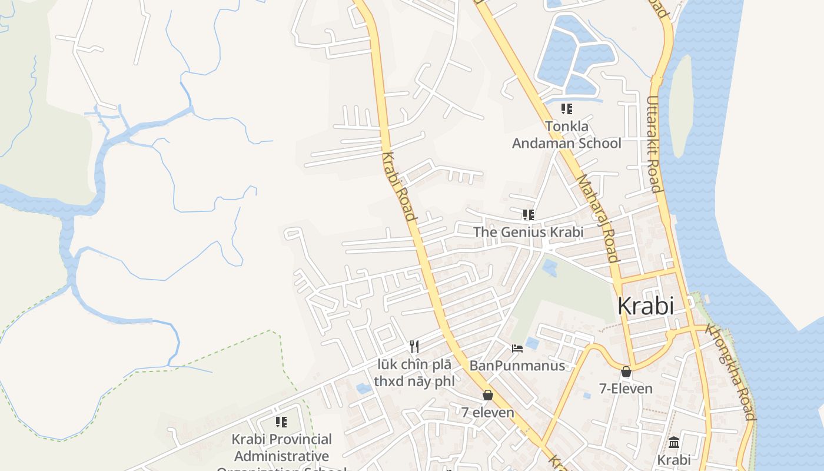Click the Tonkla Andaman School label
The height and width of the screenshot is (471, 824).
click(x=566, y=135)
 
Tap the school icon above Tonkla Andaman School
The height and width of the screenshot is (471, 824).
click(x=566, y=109)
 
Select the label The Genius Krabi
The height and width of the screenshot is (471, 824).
click(x=528, y=232)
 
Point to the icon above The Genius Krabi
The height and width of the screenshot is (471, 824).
click(x=528, y=215)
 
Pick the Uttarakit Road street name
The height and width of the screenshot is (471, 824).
click(x=654, y=145)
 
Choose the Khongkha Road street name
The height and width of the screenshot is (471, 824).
click(x=730, y=372)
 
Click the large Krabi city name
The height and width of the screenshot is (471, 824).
click(x=646, y=306)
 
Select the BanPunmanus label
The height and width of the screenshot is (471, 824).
click(x=517, y=366)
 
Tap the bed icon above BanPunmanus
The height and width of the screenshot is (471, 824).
click(x=517, y=349)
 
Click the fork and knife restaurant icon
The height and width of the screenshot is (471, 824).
click(x=415, y=346)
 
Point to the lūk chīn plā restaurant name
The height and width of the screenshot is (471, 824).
click(x=415, y=373)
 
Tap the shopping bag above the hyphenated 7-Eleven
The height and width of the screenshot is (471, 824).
click(x=626, y=372)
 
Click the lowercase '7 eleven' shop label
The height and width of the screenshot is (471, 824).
click(x=487, y=413)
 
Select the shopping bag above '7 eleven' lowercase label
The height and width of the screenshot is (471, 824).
click(x=487, y=395)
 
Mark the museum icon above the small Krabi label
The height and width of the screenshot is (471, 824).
click(x=674, y=442)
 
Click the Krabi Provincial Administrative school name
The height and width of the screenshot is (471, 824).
click(x=281, y=448)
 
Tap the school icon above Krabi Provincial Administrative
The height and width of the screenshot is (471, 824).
click(x=281, y=422)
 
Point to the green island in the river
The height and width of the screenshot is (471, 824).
click(x=680, y=106)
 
